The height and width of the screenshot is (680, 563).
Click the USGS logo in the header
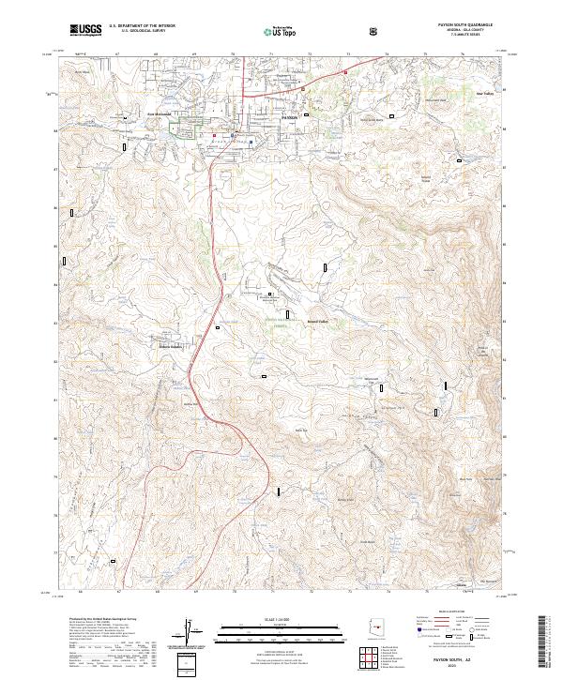86,30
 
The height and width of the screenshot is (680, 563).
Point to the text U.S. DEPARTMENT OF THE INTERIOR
143,26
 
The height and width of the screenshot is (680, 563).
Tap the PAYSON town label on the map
289,116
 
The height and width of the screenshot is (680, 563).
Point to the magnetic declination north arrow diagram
191,634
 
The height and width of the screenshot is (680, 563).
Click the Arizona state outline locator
374,629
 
